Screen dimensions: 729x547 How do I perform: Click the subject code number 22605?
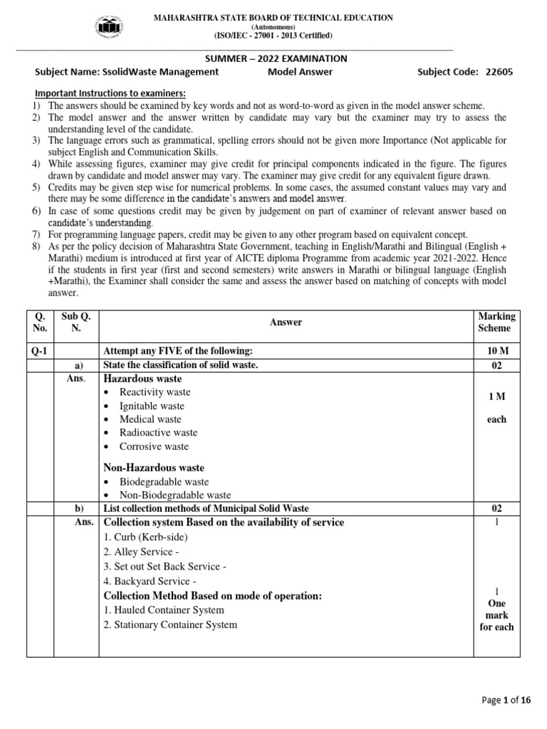pos(499,72)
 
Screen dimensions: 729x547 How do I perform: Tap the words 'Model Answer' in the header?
pos(300,72)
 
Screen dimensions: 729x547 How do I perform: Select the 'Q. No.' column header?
pos(40,322)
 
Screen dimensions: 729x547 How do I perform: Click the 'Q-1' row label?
pos(40,351)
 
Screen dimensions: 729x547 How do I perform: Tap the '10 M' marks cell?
pos(496,351)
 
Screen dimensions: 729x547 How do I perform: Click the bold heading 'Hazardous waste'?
pos(142,379)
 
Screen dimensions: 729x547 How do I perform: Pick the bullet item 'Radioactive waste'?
pos(158,433)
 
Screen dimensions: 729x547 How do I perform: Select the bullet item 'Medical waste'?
pos(150,419)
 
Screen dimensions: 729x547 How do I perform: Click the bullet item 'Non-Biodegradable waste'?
pos(174,495)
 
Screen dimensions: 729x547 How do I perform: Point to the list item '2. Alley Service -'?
pos(143,552)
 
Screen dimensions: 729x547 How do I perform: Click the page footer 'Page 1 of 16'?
pos(506,701)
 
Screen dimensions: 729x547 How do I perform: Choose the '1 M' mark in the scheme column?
pos(496,396)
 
